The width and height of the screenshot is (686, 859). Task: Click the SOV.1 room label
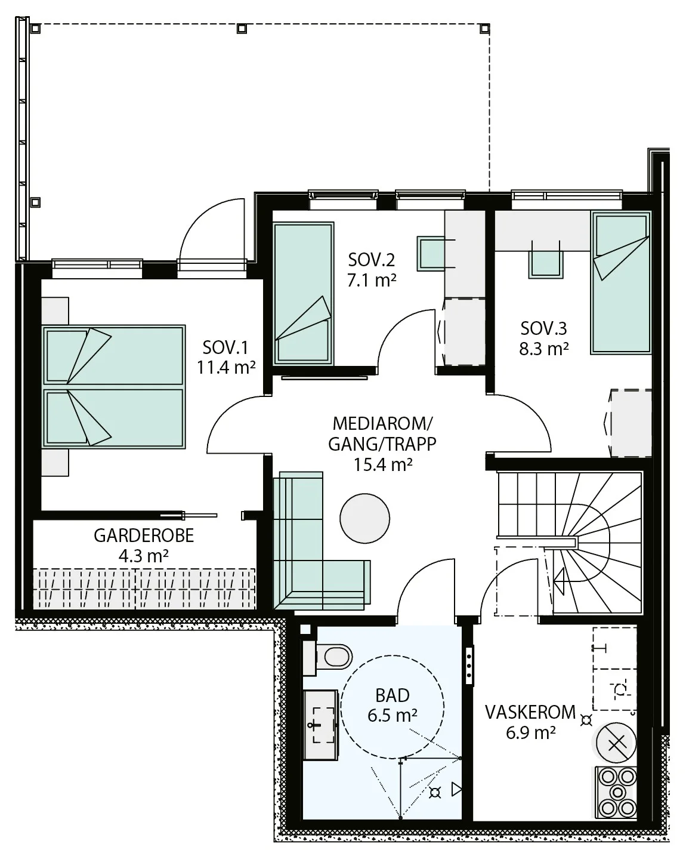click(x=225, y=347)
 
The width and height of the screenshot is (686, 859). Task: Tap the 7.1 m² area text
click(x=372, y=281)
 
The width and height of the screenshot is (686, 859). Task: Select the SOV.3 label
click(x=543, y=328)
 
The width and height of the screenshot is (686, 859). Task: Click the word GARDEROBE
click(x=144, y=535)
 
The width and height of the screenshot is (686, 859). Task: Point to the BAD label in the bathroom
click(x=393, y=696)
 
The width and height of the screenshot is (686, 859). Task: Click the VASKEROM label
click(x=530, y=713)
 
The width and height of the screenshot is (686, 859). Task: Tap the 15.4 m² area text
click(x=383, y=464)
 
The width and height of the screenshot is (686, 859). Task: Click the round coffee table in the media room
click(x=364, y=519)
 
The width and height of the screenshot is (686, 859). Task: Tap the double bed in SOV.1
click(x=114, y=386)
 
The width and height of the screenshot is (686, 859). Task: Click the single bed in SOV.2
click(x=304, y=294)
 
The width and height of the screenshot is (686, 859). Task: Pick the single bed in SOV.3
click(x=622, y=282)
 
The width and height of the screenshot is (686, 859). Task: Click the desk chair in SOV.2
click(x=431, y=254)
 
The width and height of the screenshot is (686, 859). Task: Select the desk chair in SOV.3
click(x=546, y=263)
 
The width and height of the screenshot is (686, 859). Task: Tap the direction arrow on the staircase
click(x=561, y=581)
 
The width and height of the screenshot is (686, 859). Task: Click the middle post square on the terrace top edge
click(x=242, y=28)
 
